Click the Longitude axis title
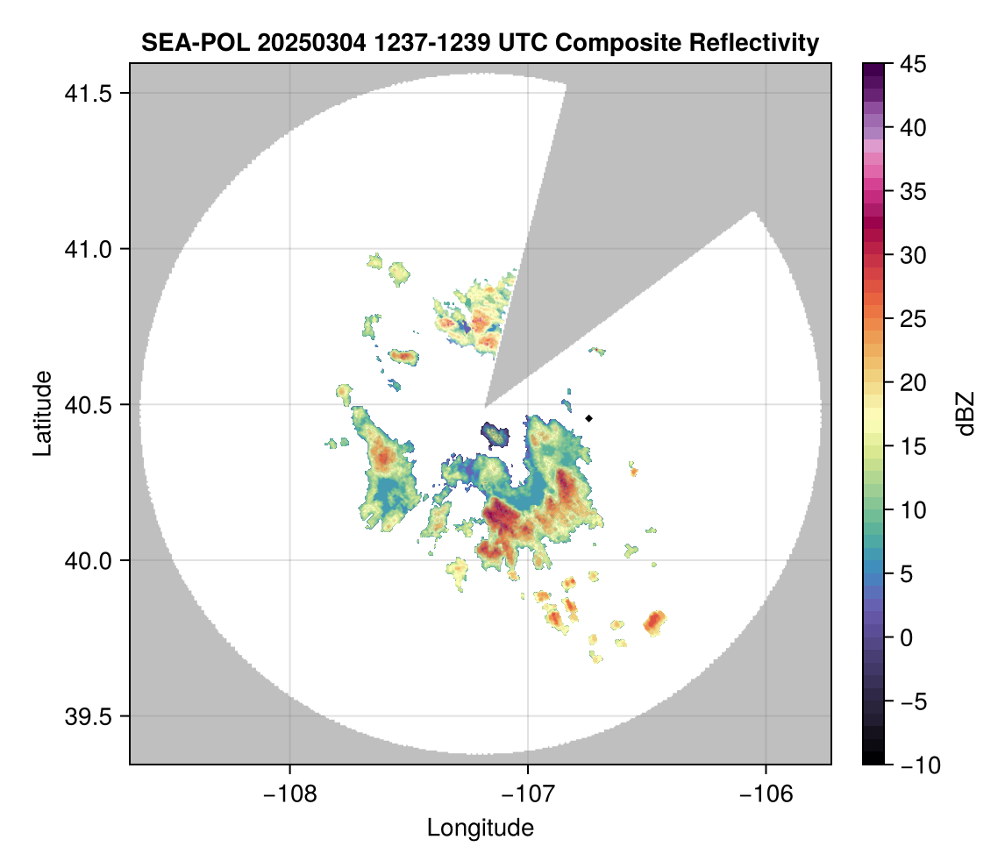(481, 827)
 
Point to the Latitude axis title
(41, 413)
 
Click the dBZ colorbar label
(966, 413)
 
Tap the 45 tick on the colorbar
(913, 64)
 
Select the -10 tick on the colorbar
(916, 765)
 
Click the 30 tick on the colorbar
(913, 255)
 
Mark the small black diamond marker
(589, 418)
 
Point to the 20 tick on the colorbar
(913, 382)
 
